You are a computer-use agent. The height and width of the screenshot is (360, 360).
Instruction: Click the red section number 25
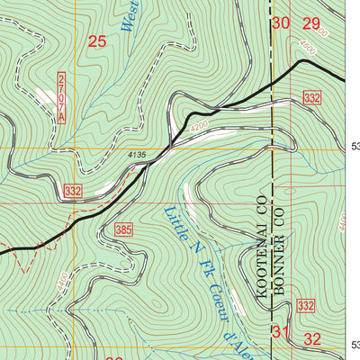(98, 40)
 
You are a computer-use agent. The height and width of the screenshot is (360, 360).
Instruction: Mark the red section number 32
(312, 339)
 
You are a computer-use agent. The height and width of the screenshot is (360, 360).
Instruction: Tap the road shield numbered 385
(124, 231)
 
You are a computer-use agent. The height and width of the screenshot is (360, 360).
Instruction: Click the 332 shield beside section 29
(312, 96)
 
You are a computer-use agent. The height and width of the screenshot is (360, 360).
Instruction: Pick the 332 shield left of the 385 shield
(73, 190)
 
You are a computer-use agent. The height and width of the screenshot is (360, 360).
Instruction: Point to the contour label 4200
(199, 125)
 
